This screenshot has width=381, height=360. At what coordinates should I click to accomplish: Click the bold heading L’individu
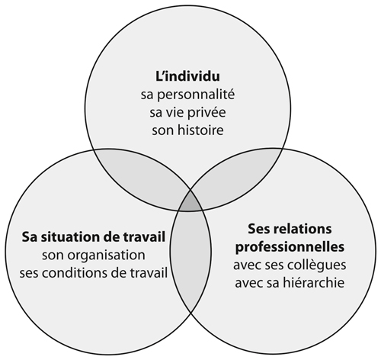187,76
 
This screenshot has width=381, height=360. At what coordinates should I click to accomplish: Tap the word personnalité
196,95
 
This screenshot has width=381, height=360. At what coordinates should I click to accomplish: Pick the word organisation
104,256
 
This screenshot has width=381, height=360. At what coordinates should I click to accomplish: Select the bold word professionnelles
290,247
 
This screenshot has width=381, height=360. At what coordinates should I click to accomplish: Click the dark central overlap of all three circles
190,202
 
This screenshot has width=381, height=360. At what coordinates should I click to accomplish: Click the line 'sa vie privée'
187,113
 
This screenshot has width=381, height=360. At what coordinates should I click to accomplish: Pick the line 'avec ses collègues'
290,265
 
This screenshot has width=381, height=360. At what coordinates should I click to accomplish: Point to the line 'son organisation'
94,256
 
